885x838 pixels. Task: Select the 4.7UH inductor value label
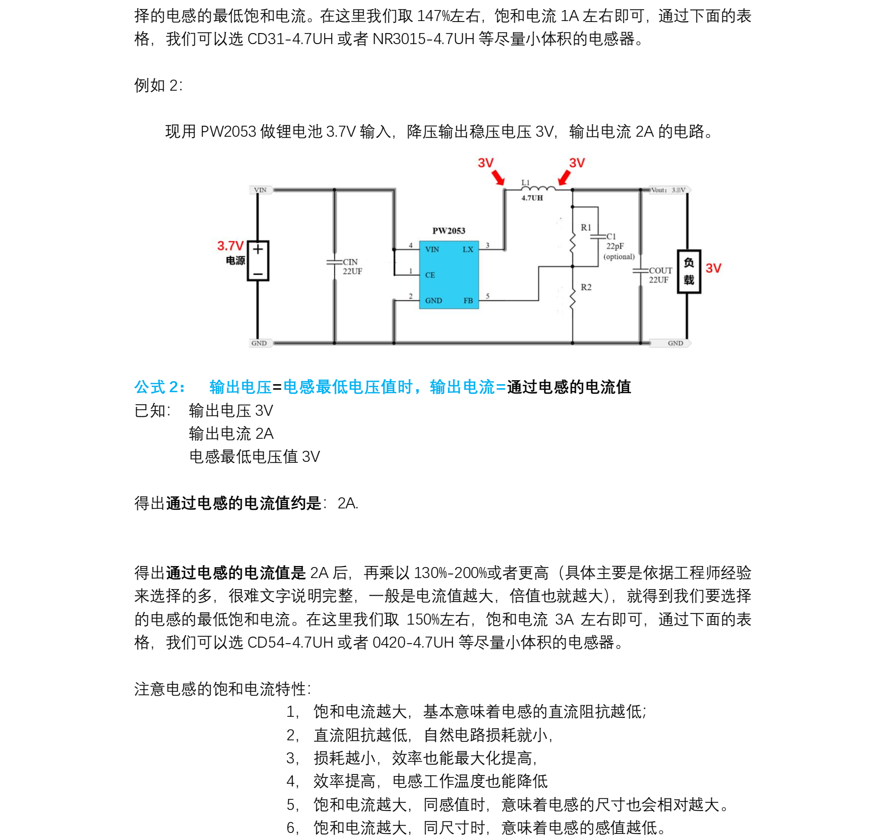tap(532, 198)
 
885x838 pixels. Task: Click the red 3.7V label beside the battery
tap(230, 246)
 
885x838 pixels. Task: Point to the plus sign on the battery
tap(258, 249)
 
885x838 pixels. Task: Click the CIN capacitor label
tap(350, 262)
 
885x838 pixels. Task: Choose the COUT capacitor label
tap(661, 270)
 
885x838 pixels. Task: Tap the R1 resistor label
tap(586, 227)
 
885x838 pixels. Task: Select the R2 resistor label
tap(586, 287)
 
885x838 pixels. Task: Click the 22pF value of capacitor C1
tap(615, 246)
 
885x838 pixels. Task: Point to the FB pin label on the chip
tap(468, 301)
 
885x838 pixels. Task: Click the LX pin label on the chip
tap(468, 249)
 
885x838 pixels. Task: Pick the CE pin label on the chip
tap(430, 275)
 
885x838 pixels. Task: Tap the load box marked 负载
tap(689, 271)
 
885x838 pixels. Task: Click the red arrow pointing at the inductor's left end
tap(498, 177)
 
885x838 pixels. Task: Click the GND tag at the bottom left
tap(259, 343)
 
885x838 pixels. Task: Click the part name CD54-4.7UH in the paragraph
tap(290, 642)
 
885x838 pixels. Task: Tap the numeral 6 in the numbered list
tap(291, 827)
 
